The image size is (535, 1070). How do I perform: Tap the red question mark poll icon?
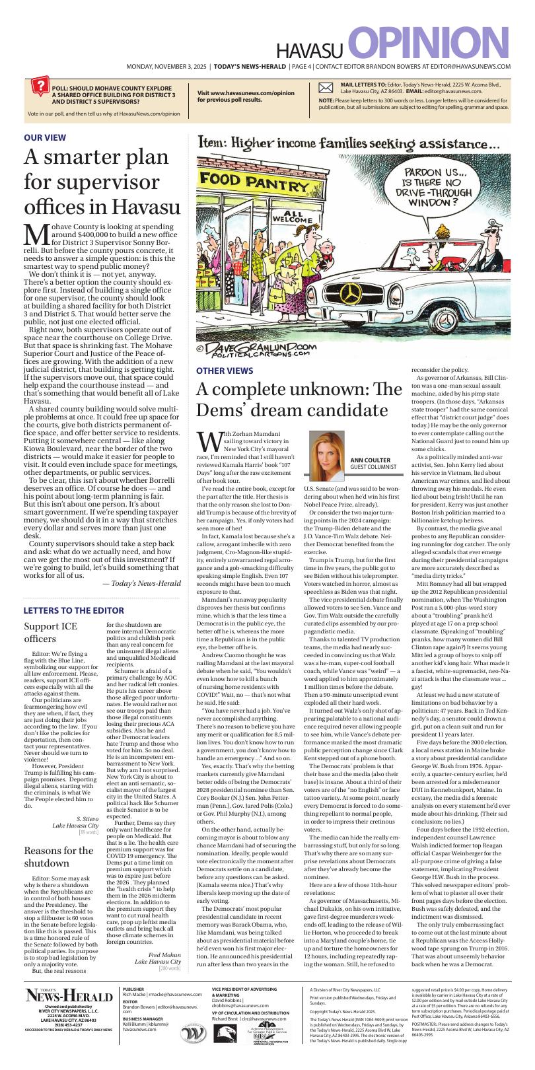click(x=40, y=87)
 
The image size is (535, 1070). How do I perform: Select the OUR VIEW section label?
click(x=45, y=137)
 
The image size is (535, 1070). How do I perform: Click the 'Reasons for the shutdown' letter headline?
click(x=58, y=857)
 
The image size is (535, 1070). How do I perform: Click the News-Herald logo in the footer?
click(x=69, y=996)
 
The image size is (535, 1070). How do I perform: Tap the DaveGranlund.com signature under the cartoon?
click(x=258, y=348)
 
